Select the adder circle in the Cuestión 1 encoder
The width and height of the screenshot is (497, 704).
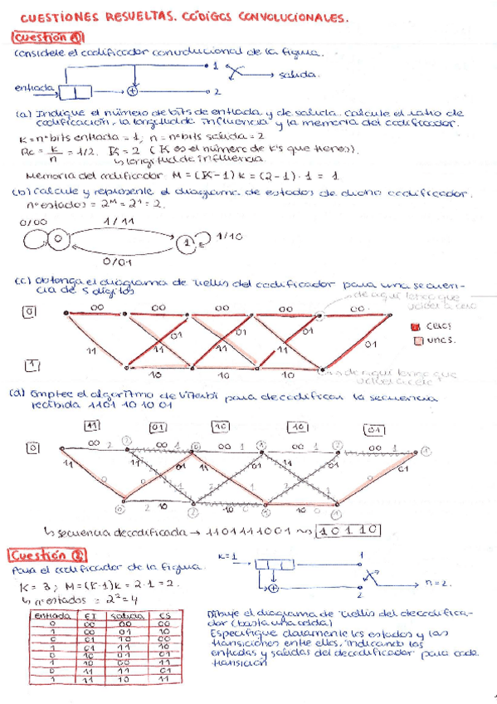[x=133, y=90]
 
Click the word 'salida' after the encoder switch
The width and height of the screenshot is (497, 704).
[x=298, y=75]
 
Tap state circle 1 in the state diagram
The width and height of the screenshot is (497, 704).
[x=188, y=240]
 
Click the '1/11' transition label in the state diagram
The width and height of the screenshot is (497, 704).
[x=120, y=222]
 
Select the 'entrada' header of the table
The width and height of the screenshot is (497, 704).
[x=50, y=616]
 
